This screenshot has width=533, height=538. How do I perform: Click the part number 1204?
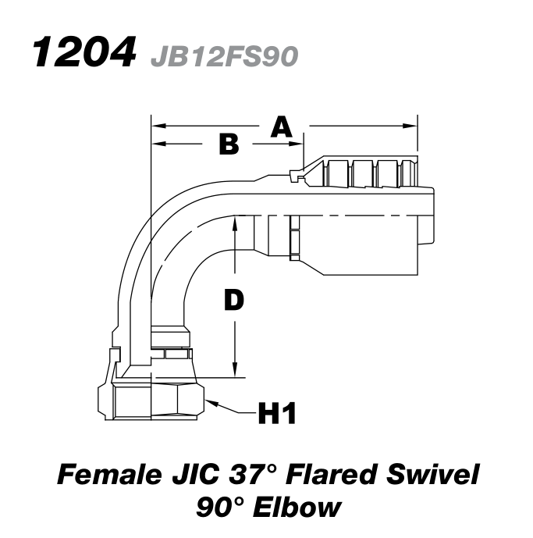(x=81, y=52)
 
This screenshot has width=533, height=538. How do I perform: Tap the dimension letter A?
(x=281, y=126)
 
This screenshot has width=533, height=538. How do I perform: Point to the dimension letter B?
(x=227, y=144)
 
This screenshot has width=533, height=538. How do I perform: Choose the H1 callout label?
(x=276, y=412)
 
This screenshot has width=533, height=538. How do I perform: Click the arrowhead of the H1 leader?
(x=210, y=400)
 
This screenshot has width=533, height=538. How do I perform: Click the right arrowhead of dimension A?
(x=413, y=125)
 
